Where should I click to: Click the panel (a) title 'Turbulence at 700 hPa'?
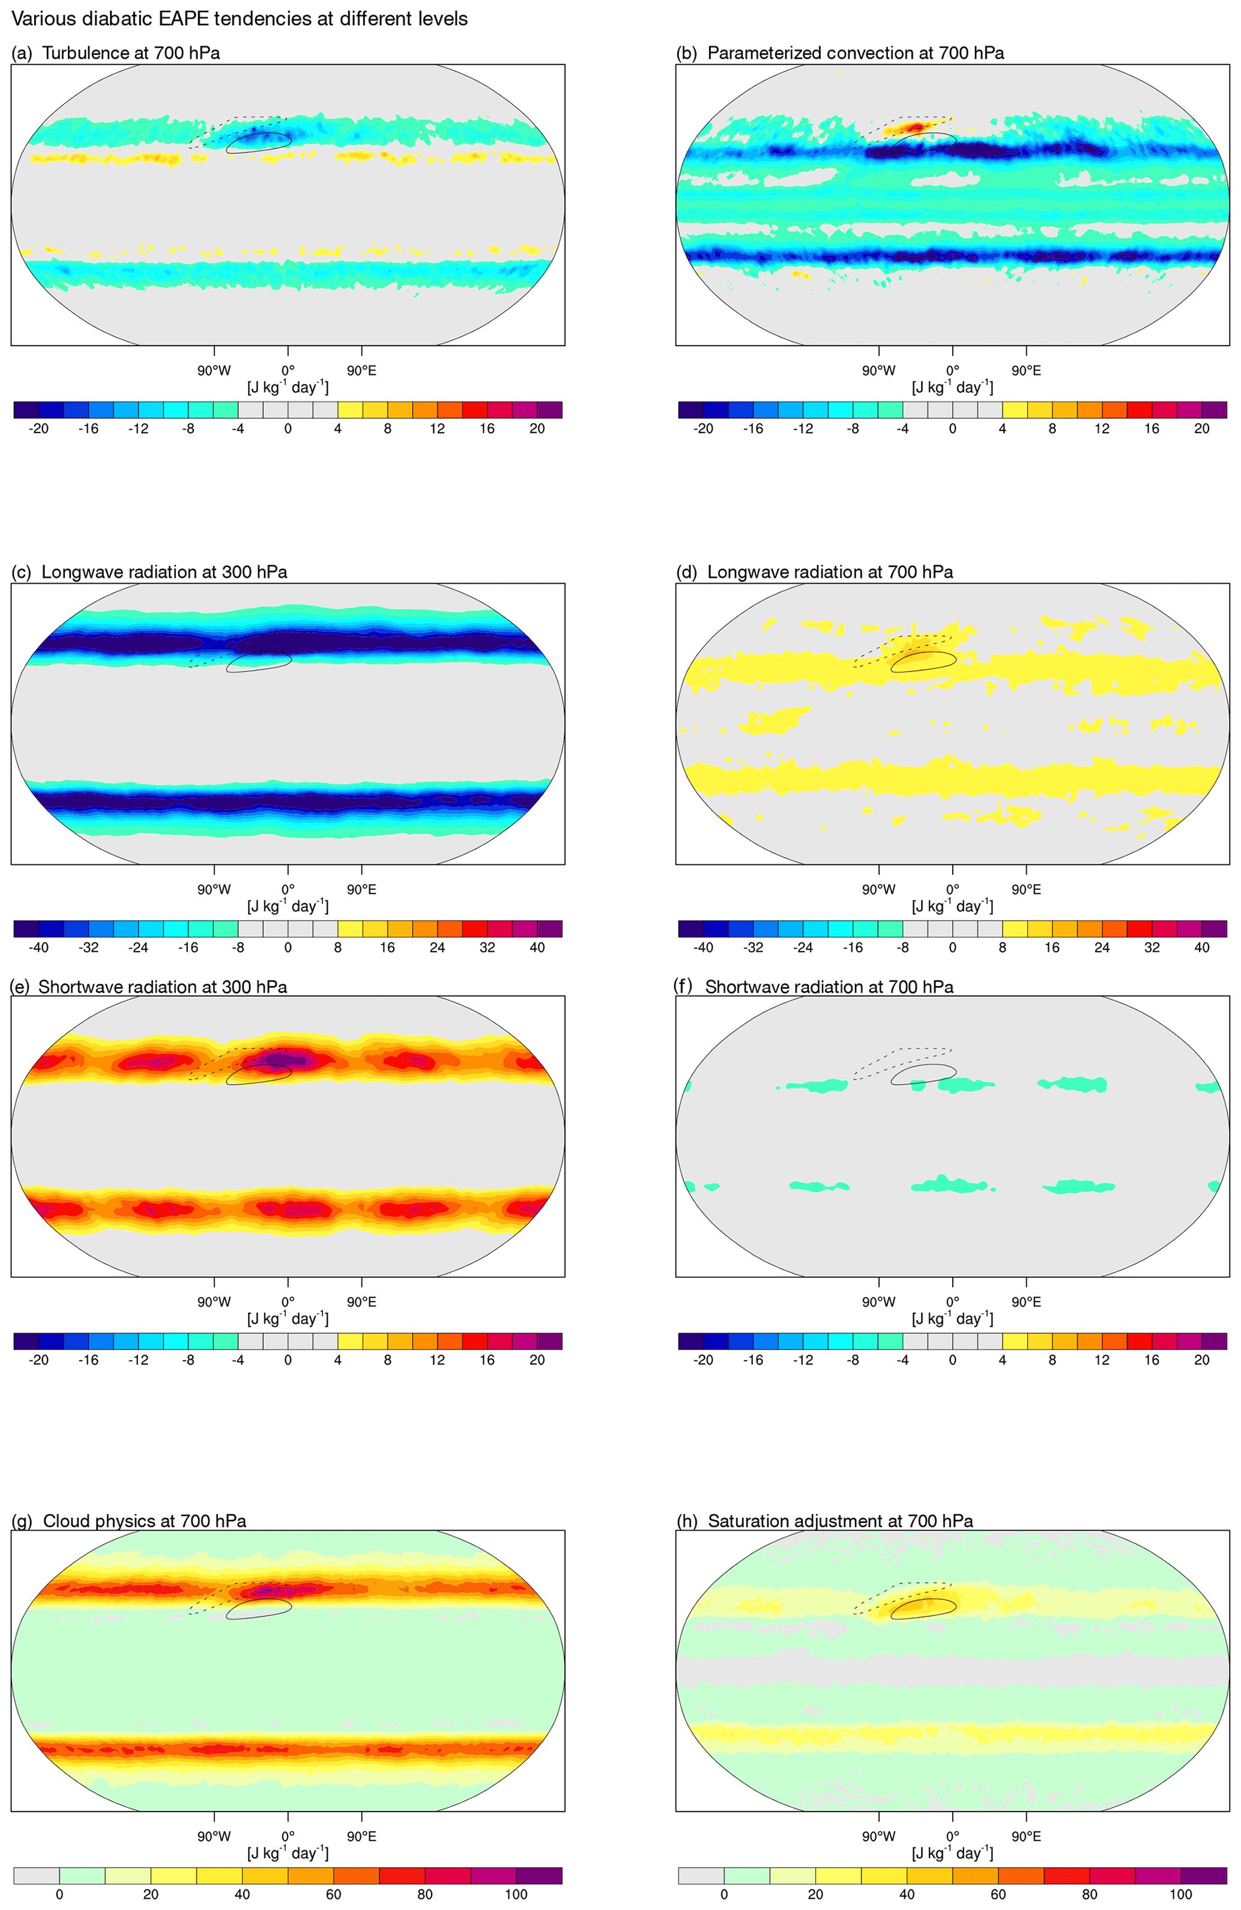[x=131, y=53]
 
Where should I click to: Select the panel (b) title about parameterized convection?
[x=855, y=53]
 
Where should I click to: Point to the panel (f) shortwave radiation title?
[x=829, y=987]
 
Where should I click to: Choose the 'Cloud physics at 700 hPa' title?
[x=145, y=1521]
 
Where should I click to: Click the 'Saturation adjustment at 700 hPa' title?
[x=840, y=1521]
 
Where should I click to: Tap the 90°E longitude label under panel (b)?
[x=1026, y=371]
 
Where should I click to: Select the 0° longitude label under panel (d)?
[x=952, y=889]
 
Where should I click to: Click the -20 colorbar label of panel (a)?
[x=38, y=428]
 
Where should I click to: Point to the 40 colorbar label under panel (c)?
[x=537, y=947]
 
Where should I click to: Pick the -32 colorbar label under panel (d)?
[x=752, y=947]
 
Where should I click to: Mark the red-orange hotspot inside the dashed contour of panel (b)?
[x=916, y=127]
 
